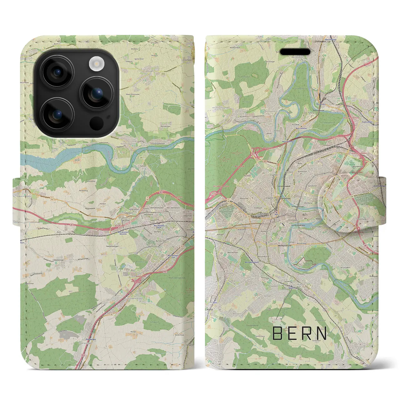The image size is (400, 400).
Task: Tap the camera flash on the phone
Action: [x=96, y=64]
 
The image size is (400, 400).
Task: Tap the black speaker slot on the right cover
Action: [x=295, y=52]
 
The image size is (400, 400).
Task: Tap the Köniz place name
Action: [x=210, y=309]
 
